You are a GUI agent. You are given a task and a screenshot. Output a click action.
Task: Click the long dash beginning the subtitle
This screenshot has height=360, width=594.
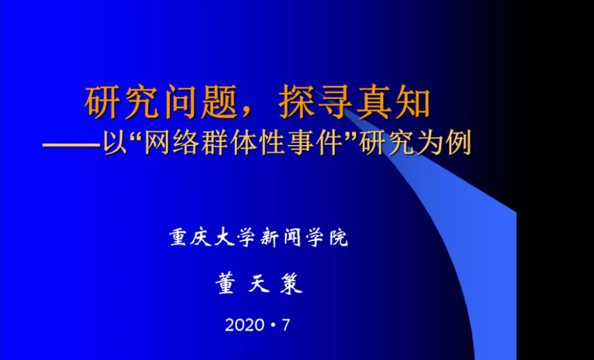[72, 145]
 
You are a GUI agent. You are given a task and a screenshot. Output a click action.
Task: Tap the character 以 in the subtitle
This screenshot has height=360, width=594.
[115, 144]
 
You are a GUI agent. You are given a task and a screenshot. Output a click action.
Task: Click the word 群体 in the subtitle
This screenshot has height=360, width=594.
[228, 144]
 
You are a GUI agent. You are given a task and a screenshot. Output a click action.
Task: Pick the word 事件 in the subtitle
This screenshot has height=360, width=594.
[315, 144]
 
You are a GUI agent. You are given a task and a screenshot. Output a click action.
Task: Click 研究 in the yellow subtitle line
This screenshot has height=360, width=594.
[386, 144]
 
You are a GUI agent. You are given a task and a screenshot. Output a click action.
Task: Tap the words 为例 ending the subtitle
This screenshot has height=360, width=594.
[444, 144]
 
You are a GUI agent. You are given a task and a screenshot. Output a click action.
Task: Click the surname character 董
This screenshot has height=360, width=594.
[226, 284]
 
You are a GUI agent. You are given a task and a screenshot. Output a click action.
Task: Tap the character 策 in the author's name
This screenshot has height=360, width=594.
[291, 284]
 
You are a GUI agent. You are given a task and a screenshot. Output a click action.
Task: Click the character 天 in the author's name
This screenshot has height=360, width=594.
[258, 284]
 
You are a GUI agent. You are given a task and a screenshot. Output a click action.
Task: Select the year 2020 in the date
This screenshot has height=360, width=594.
[245, 325]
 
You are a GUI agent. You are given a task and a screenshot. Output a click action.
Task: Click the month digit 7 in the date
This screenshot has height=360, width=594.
[286, 325]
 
